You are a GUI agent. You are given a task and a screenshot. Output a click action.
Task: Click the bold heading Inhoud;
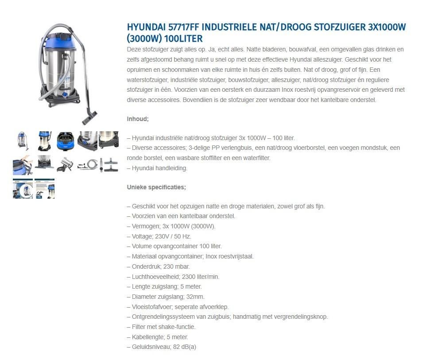point(138,119)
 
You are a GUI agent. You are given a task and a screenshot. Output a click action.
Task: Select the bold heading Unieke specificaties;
point(156,187)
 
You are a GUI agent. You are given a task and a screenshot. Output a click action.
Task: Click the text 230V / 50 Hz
point(174,236)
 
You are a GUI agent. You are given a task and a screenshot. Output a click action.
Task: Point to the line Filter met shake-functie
point(163,327)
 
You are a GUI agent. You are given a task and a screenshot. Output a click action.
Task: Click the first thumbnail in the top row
point(23,141)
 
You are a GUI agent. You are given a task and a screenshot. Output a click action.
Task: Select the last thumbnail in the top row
point(108,141)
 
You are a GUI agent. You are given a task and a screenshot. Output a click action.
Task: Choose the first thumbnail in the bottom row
point(23,188)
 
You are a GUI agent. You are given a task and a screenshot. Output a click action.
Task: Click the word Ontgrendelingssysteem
point(163,317)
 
